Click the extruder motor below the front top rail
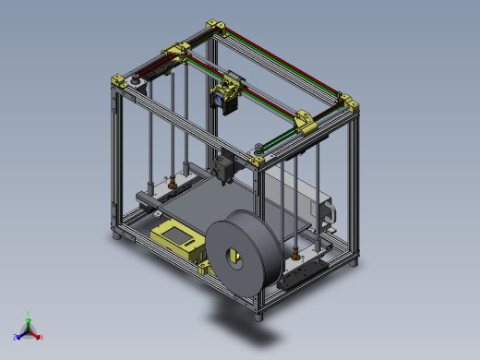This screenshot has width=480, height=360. tap(224, 166)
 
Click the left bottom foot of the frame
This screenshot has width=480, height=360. tap(117, 236)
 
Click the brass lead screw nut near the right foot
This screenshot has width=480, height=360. tap(294, 252)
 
